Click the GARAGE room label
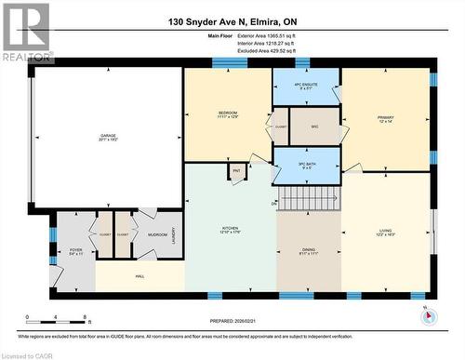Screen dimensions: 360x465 108,137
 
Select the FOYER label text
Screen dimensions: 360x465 75,250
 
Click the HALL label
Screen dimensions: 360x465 139,275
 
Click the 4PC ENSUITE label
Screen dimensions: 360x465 305,86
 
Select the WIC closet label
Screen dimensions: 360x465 315,126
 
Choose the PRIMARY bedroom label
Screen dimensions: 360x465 385,118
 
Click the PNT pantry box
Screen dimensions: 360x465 237,171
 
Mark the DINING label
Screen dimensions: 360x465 308,250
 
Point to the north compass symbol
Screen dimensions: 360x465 427,314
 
